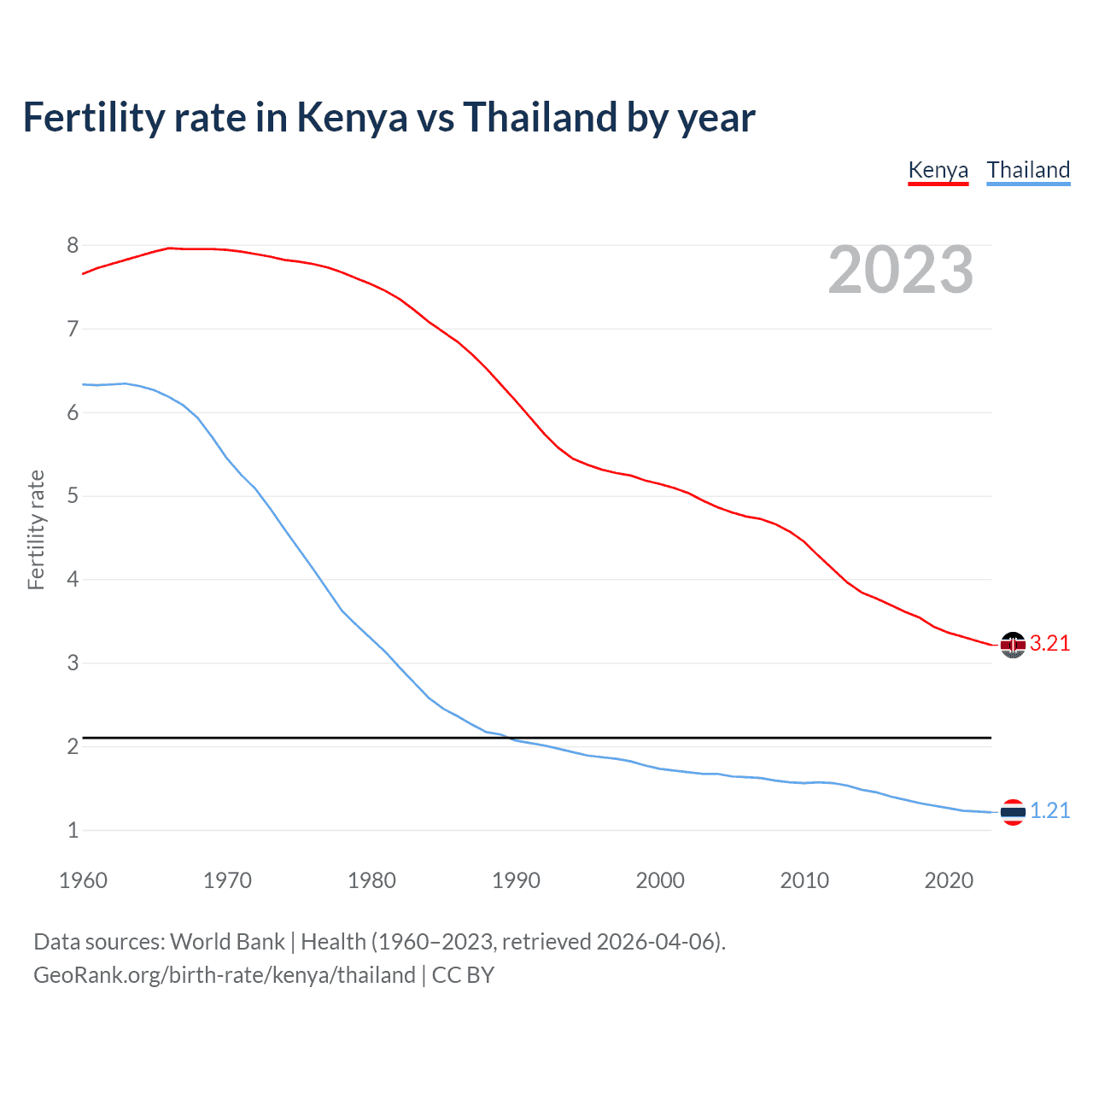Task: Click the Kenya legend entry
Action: point(938,170)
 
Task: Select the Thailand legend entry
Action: point(1028,170)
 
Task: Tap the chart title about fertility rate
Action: point(389,117)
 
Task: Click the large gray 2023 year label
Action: point(900,270)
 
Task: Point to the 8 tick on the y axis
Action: point(73,246)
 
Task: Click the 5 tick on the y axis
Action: point(73,496)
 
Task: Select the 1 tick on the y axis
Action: point(73,830)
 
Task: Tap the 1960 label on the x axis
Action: point(83,880)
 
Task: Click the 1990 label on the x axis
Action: point(516,880)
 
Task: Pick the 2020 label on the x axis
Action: point(949,880)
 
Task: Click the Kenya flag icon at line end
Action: point(1013,645)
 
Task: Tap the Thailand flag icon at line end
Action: point(1013,812)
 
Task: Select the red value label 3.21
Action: point(1049,644)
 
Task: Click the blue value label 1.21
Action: point(1049,811)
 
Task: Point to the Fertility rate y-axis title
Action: point(36,529)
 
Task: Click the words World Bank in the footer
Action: point(227,942)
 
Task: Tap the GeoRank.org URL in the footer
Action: point(224,975)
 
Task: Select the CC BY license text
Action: point(463,975)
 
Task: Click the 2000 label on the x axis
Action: point(660,880)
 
